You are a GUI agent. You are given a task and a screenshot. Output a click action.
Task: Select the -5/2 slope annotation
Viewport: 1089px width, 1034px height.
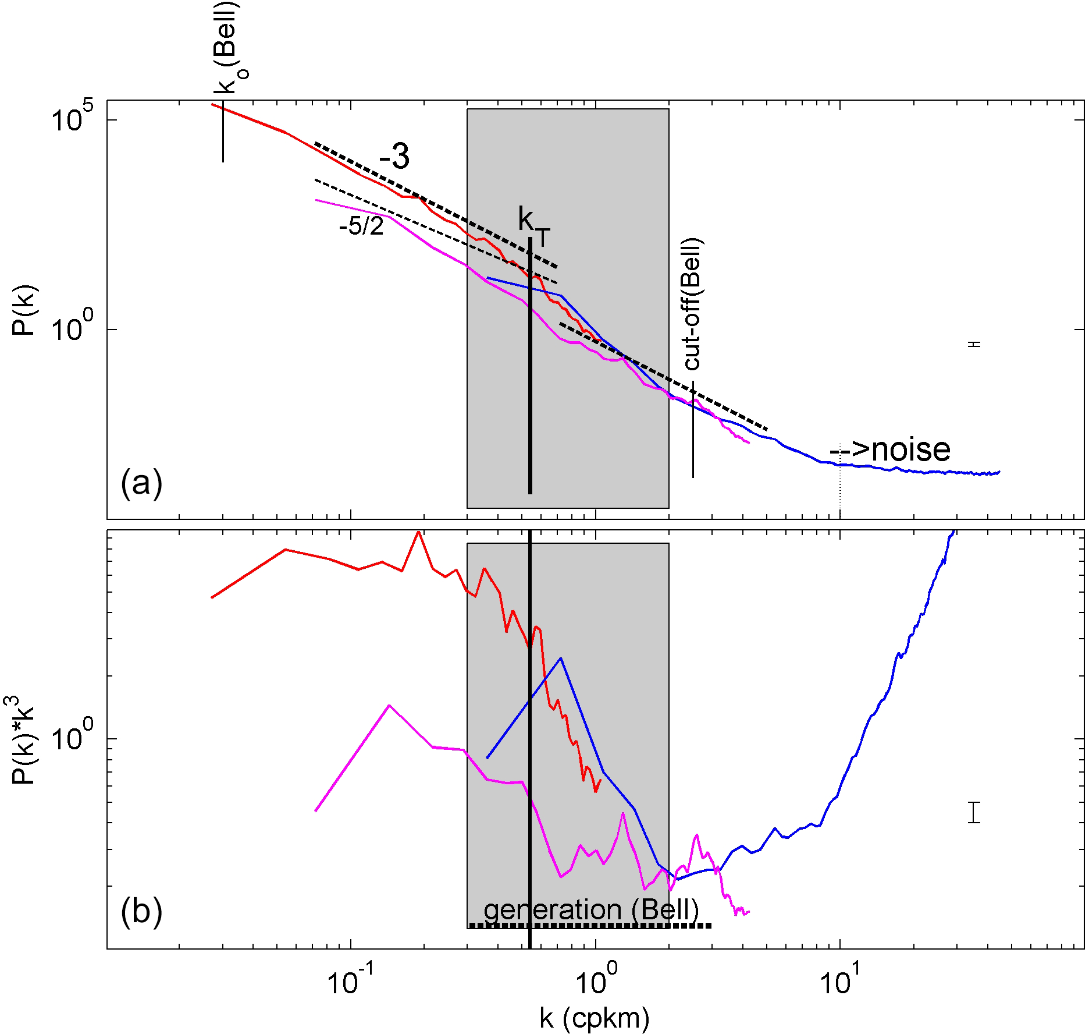pyautogui.click(x=361, y=226)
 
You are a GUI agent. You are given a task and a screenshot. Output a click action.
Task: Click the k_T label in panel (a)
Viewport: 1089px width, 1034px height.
pyautogui.click(x=533, y=224)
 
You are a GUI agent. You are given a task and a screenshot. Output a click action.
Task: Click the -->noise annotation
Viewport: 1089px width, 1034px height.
pyautogui.click(x=889, y=449)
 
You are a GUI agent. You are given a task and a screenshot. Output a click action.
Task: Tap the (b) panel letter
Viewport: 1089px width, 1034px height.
pyautogui.click(x=141, y=912)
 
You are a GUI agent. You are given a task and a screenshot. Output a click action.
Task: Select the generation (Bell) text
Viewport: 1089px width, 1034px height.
pyautogui.click(x=591, y=909)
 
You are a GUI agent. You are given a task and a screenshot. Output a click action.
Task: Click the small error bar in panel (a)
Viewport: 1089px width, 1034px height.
pyautogui.click(x=974, y=344)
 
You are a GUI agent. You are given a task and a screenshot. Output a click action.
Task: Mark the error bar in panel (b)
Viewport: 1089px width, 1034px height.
pyautogui.click(x=974, y=812)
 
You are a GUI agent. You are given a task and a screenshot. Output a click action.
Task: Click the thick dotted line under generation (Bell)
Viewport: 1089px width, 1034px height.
pyautogui.click(x=590, y=926)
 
